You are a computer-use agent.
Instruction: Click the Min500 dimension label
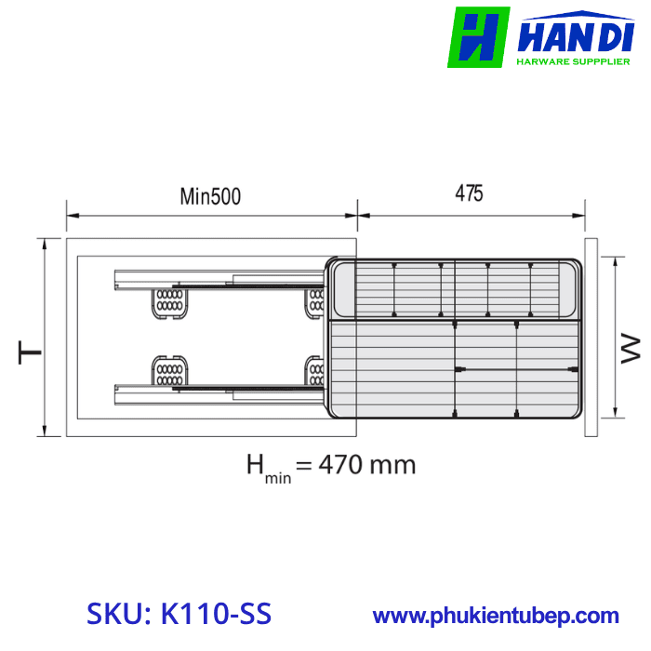pos(210,196)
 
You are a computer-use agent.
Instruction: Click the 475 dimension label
pos(469,193)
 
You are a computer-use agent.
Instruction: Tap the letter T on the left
pos(30,352)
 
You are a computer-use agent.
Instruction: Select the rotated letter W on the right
pos(631,350)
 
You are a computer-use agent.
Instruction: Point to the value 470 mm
pos(367,464)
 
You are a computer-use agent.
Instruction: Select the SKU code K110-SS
pos(215,615)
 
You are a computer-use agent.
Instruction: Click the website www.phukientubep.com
pos(496,616)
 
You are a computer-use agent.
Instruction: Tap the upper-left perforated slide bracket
pos(168,302)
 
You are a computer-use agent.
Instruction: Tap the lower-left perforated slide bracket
pos(168,371)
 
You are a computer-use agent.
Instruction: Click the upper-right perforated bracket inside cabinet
pos(316,301)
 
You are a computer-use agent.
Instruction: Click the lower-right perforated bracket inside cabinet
pos(316,371)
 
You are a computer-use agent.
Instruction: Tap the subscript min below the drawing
pos(279,478)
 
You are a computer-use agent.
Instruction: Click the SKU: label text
pos(120,615)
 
